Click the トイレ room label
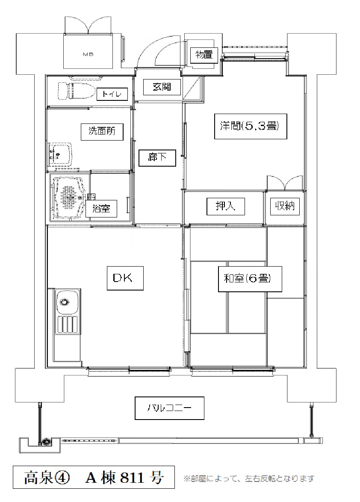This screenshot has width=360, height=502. [x=112, y=94]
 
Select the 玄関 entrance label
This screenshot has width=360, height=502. [x=162, y=86]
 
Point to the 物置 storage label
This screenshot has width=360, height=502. [x=204, y=55]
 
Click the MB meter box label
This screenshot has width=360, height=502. [x=88, y=54]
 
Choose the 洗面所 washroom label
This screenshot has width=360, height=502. [x=102, y=131]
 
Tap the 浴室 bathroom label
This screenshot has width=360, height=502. [x=101, y=209]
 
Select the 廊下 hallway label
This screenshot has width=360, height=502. [x=157, y=157]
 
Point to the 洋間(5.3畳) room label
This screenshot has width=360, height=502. [x=250, y=126]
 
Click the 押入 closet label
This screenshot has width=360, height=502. [x=225, y=206]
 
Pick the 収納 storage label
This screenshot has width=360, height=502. [x=284, y=206]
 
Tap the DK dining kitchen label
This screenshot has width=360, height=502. [x=123, y=278]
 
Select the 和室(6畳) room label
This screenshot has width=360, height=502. [x=247, y=278]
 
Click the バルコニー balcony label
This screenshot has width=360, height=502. [x=169, y=408]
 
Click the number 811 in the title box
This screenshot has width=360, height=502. [x=132, y=479]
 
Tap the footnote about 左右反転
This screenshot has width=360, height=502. [x=248, y=479]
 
